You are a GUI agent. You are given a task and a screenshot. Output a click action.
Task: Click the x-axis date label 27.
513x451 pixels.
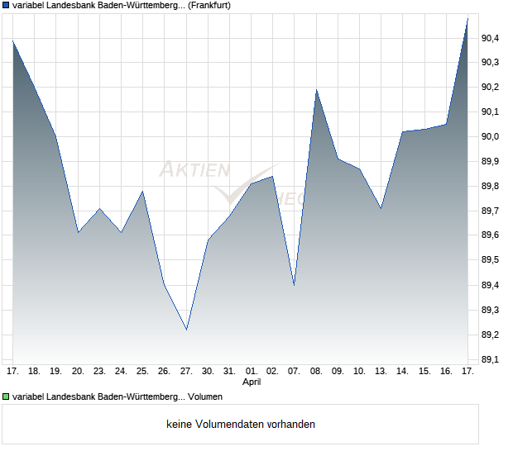point(186,372)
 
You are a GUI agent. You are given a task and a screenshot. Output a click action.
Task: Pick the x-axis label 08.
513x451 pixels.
point(316,372)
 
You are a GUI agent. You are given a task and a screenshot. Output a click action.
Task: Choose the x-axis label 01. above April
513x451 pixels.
point(252,372)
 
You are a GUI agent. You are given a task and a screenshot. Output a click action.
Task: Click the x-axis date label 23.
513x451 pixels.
point(99,372)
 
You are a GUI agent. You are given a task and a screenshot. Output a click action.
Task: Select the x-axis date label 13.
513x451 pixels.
point(381,372)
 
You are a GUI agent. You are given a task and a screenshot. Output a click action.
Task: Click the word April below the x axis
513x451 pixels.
point(252,382)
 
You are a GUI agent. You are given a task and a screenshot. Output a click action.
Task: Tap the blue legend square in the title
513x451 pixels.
point(6,5)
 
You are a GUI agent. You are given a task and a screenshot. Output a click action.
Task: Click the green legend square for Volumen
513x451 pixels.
point(6,397)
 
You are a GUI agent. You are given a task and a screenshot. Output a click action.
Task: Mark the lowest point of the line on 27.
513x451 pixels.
point(186,330)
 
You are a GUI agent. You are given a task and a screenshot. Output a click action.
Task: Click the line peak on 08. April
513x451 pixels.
point(316,89)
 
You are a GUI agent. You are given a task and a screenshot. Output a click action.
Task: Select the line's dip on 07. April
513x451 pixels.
point(295,285)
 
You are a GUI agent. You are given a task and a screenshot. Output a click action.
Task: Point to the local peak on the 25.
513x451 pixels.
point(143,191)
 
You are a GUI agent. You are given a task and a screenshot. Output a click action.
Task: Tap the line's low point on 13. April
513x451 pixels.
point(381,208)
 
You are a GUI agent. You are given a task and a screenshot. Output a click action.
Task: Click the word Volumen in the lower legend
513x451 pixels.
point(206,397)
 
